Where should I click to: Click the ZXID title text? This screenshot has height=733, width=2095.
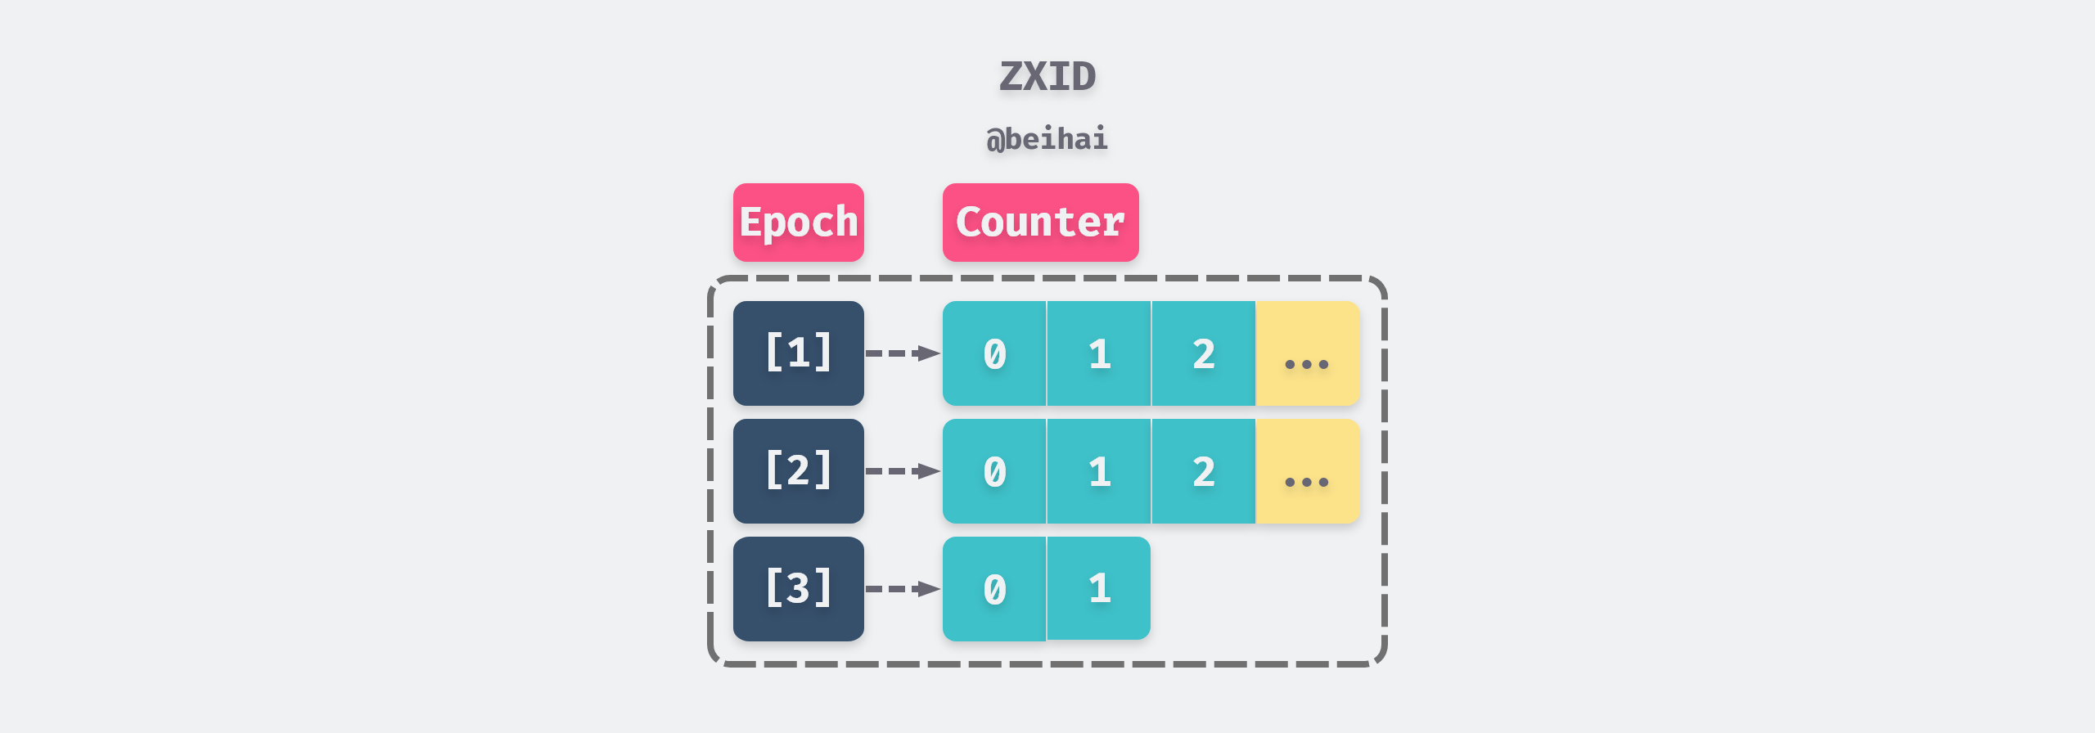click(x=1047, y=77)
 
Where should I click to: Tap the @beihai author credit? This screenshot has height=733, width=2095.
click(x=1047, y=139)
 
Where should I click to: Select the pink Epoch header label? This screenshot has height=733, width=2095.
click(x=798, y=223)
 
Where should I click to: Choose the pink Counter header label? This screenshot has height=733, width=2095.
click(x=1040, y=223)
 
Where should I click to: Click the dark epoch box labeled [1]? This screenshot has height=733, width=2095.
click(x=798, y=353)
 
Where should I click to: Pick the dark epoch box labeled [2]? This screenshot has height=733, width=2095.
click(x=798, y=471)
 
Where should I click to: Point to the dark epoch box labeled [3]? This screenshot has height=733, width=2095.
click(x=798, y=589)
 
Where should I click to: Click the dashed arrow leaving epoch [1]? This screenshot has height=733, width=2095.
click(x=903, y=353)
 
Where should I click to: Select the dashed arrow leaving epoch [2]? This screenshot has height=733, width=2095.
click(x=903, y=471)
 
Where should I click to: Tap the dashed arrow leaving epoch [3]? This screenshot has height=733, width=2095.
click(x=903, y=589)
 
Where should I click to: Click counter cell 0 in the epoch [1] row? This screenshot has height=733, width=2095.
click(x=994, y=353)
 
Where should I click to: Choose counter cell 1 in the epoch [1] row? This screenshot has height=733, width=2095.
click(x=1099, y=353)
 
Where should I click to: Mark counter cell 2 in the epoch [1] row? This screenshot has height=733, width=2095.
click(x=1204, y=353)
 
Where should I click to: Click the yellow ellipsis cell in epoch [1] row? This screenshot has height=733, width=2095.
click(x=1307, y=353)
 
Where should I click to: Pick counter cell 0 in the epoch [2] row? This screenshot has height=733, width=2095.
click(x=994, y=471)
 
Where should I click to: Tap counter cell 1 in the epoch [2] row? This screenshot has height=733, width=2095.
click(x=1099, y=471)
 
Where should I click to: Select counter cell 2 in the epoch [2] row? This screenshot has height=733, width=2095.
click(x=1204, y=471)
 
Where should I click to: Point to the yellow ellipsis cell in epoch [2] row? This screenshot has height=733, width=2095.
click(x=1307, y=471)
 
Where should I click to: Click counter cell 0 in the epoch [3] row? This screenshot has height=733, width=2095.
click(x=994, y=589)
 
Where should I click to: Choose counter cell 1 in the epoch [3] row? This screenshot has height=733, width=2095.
click(x=1099, y=588)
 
